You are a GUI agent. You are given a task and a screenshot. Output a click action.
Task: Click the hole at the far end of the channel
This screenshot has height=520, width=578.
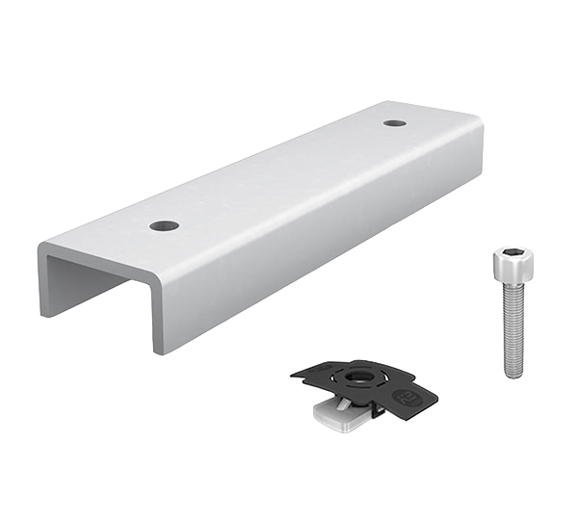[393, 123]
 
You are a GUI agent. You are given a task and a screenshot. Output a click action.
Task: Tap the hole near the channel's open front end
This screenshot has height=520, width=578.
[165, 227]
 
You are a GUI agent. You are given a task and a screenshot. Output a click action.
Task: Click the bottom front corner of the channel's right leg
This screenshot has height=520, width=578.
[154, 353]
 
